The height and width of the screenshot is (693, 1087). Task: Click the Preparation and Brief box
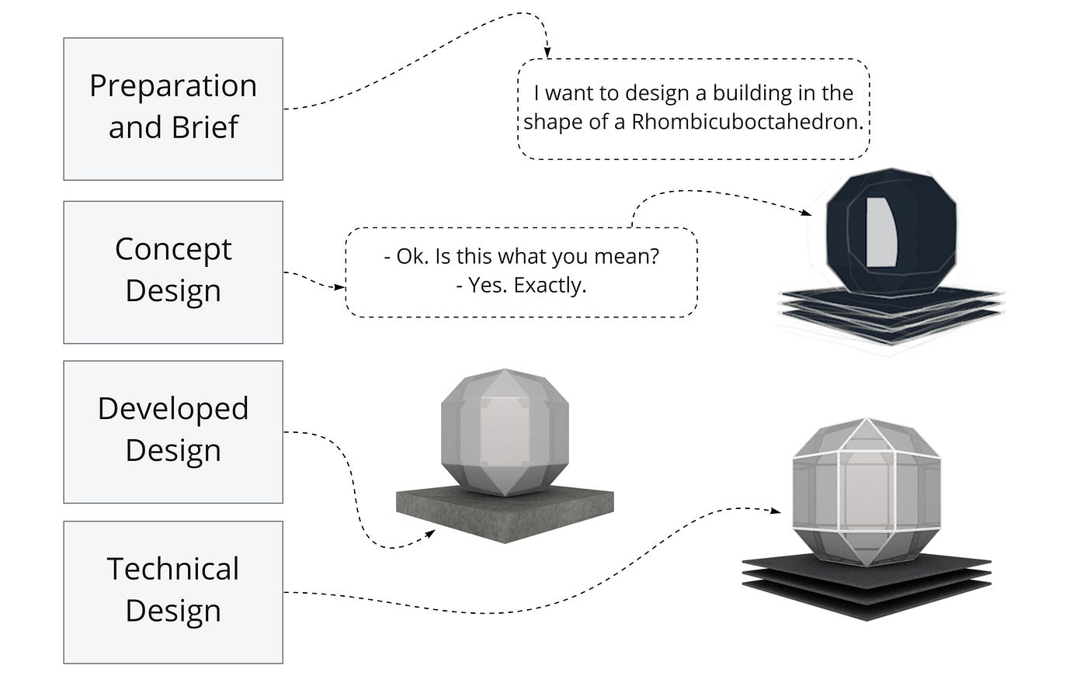coord(172,109)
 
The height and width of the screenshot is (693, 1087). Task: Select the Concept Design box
coord(172,272)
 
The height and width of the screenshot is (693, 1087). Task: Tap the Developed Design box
coord(172,431)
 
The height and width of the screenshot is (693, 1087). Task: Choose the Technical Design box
coord(172,591)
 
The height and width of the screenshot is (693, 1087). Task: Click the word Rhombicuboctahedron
coord(747,122)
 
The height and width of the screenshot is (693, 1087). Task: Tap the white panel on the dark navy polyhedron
coord(883,233)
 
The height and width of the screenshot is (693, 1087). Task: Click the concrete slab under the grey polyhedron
coord(505,512)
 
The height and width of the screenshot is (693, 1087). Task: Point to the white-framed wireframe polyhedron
coord(866,493)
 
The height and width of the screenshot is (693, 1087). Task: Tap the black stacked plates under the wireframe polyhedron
coord(867,586)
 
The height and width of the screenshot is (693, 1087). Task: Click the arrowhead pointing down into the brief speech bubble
coord(547,54)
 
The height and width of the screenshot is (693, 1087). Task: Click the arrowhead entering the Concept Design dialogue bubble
coord(339,287)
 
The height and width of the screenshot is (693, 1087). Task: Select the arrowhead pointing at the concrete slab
coord(429,534)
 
